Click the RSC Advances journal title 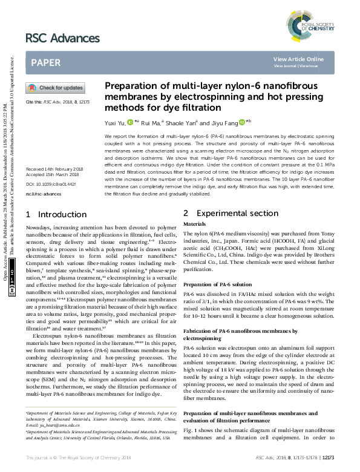pyautogui.click(x=62, y=39)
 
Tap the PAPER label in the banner pyautogui.click(x=45, y=62)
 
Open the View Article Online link pyautogui.click(x=298, y=59)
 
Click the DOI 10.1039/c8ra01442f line pyautogui.click(x=50, y=183)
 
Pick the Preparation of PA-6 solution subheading pyautogui.click(x=218, y=284)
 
